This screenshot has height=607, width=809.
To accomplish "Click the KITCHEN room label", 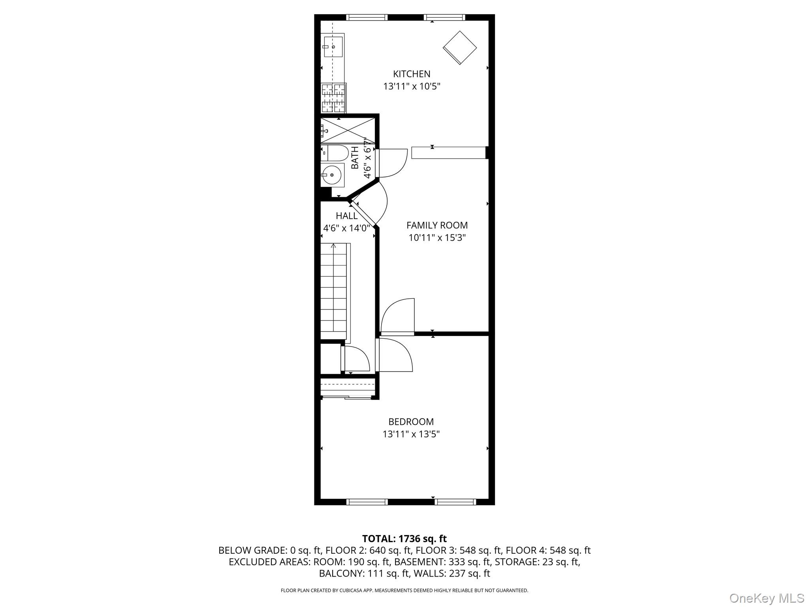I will coord(411,74).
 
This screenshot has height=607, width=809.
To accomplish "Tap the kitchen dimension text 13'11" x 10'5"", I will coord(411,86).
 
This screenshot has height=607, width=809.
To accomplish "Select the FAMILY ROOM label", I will coord(437,225).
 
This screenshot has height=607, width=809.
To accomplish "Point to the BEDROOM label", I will coord(411,422).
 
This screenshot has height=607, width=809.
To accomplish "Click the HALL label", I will coord(346,216).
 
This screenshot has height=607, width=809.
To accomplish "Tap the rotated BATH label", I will coord(355,157).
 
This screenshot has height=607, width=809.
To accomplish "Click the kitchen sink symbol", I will coord(333,47).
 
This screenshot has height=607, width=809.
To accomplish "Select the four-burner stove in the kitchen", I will coord(333,98).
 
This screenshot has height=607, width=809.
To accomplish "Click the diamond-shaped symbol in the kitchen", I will coord(460,48).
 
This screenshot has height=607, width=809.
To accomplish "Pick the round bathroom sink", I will coord(331,175).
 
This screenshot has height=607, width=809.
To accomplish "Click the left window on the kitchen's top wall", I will coord(367,17).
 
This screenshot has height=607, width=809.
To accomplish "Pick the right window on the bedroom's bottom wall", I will coord(455,502).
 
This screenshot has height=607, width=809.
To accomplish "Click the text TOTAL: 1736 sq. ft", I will coord(404,539).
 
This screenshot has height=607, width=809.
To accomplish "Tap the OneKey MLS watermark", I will coord(766,598).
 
